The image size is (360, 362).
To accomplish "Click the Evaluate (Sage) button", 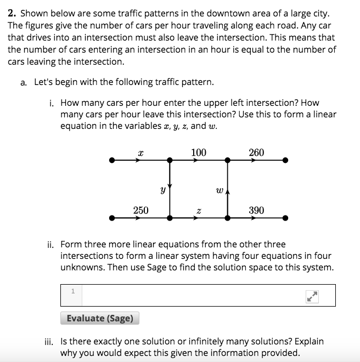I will point(100,318).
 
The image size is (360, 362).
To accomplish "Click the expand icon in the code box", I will point(312,296).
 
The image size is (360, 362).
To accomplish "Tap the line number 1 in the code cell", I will point(72,291).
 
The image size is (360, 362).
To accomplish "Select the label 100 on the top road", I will point(199,152).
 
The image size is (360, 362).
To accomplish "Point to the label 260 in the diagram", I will point(256,152).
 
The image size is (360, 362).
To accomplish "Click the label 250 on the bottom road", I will point(140,210).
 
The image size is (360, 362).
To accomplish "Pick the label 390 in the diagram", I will point(256,210).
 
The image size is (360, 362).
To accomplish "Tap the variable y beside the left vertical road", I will point(162,191).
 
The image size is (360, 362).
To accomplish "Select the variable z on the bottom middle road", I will point(199,211).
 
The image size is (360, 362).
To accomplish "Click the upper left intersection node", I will point(170,161).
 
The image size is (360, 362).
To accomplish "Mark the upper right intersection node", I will point(227,161).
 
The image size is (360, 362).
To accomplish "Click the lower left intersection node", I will point(170,218).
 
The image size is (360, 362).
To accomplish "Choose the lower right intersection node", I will point(227,218).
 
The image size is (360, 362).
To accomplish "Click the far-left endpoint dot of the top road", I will point(112,161).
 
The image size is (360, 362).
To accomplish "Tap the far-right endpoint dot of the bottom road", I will point(285,218).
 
